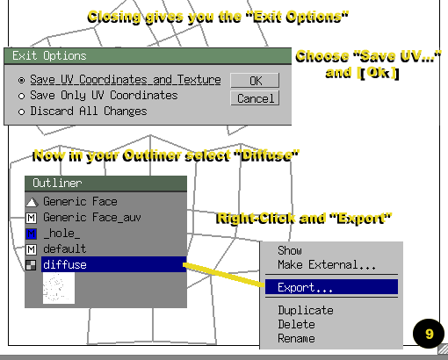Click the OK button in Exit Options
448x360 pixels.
pos(255,81)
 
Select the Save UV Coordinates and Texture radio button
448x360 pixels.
pos(21,80)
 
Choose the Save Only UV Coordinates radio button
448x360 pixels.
pos(21,96)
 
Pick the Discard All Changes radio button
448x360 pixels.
pos(21,112)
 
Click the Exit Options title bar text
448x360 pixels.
pos(49,55)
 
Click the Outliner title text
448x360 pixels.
pos(57,183)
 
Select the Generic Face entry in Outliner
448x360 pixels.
pos(80,201)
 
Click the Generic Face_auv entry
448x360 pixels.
pos(92,217)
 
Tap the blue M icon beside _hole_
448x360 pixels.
pos(32,234)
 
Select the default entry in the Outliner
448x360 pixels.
pos(64,248)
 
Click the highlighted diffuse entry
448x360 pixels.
pos(113,264)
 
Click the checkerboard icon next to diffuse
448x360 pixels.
pos(31,265)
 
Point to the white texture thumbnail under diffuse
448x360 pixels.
pos(59,288)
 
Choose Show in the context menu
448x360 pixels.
pos(290,250)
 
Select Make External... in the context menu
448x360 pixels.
pos(327,264)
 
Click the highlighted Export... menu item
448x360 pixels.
pos(331,287)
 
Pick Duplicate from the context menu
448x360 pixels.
pos(306,310)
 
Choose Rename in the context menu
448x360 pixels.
pos(296,338)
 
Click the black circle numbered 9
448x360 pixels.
pos(429,334)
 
